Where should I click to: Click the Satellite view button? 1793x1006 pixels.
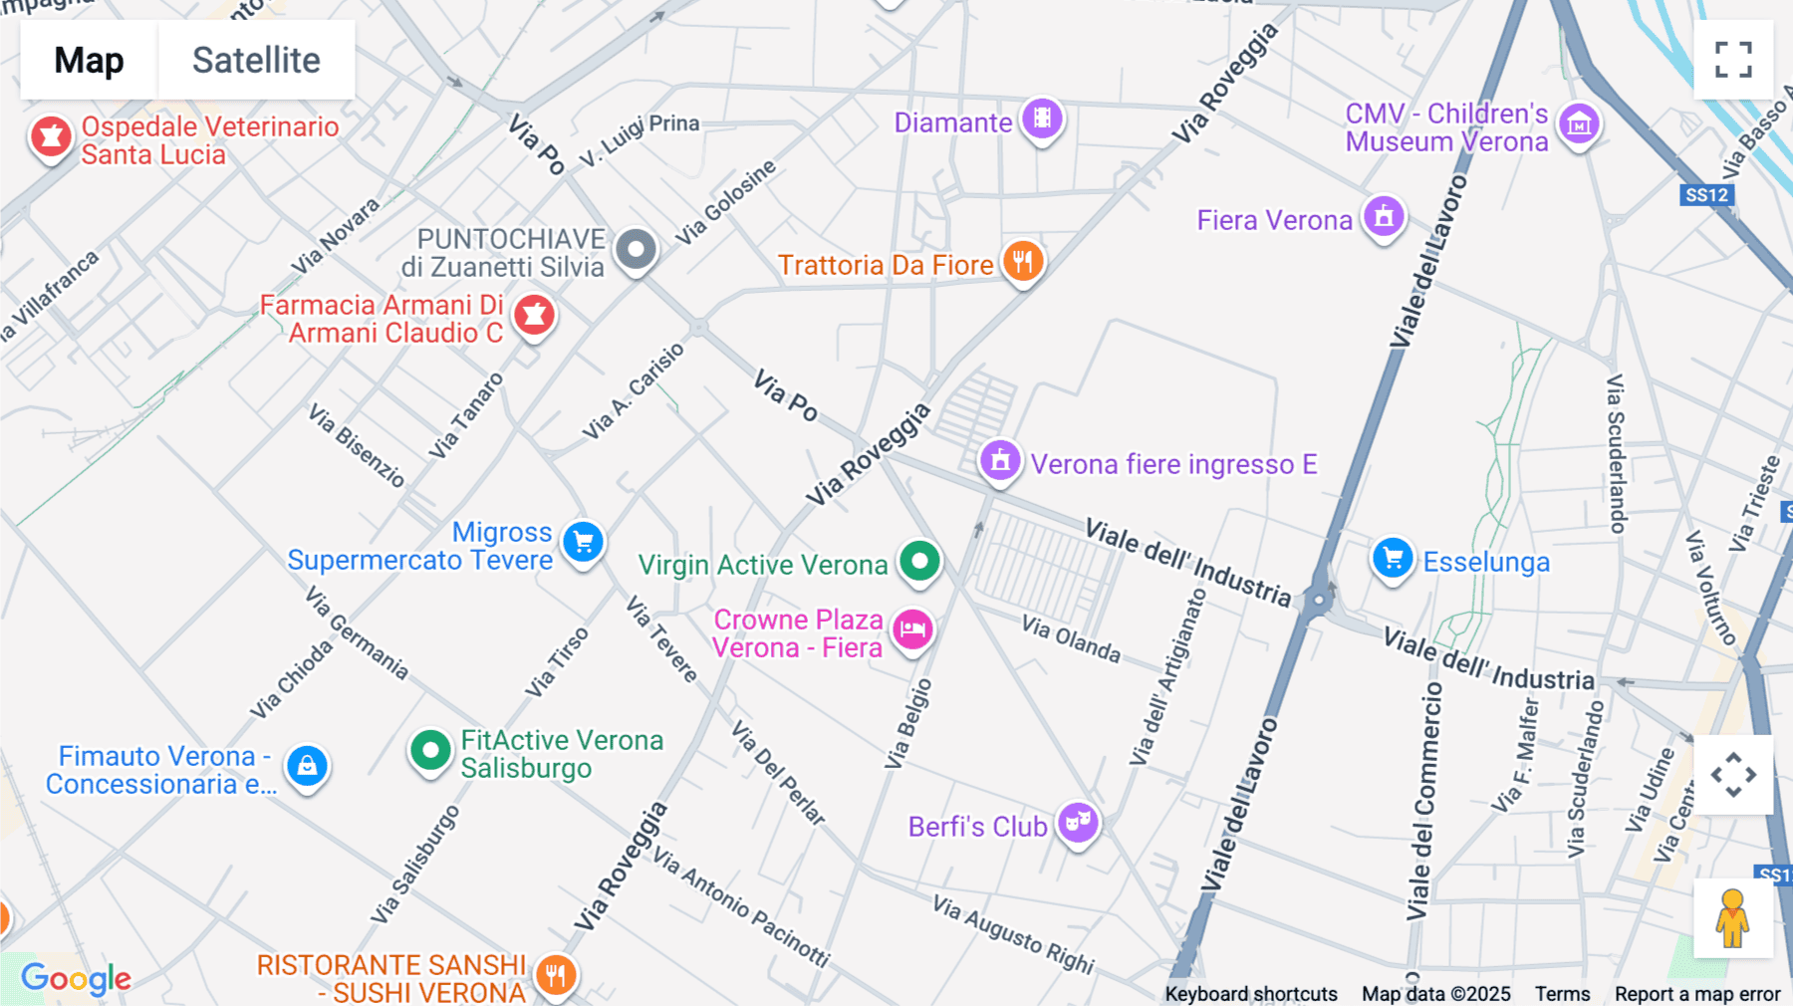tap(256, 60)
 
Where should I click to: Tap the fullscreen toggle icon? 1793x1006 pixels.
tap(1733, 60)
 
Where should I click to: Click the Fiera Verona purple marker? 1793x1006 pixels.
tap(1384, 215)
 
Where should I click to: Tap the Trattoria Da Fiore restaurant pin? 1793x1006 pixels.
tap(1023, 262)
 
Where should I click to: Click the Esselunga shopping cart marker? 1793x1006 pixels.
tap(1393, 559)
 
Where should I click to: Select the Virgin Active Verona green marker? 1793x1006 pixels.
tap(919, 561)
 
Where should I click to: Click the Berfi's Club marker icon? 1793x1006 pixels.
tap(1078, 823)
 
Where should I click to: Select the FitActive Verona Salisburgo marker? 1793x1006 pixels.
tap(430, 750)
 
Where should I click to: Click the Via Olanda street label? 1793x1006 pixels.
tap(1071, 639)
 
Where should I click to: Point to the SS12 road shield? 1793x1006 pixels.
tap(1706, 195)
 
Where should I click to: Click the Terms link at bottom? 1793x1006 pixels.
tap(1562, 993)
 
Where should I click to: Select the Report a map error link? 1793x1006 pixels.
tap(1697, 993)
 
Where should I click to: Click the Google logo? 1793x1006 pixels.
tap(76, 978)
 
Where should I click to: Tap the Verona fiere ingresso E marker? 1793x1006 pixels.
tap(1000, 461)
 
